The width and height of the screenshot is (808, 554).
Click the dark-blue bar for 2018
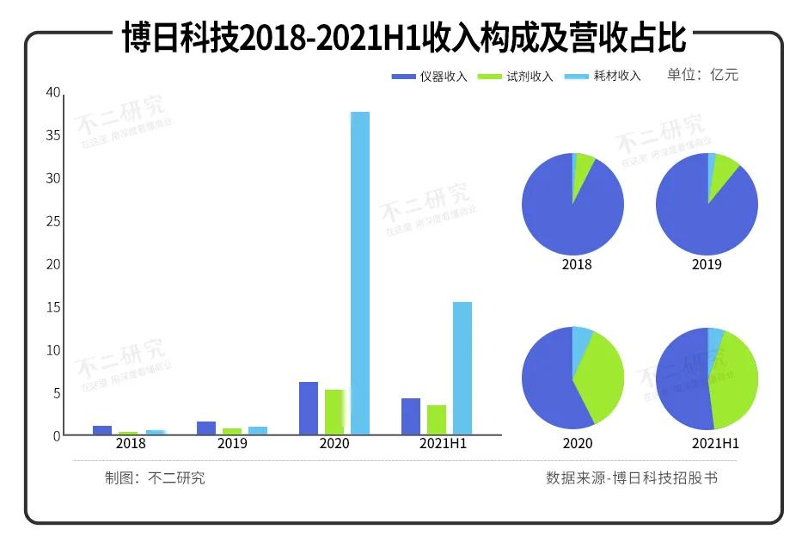[102, 430]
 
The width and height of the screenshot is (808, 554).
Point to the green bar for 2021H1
[437, 419]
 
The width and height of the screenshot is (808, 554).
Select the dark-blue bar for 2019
[206, 428]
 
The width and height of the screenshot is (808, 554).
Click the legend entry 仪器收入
[430, 76]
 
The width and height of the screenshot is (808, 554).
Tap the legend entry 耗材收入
[603, 76]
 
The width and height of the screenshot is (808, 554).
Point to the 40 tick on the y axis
[52, 93]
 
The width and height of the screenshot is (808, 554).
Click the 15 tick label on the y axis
[52, 307]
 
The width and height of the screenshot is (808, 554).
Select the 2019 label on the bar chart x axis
[232, 444]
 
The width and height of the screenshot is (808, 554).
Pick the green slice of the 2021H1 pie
[737, 379]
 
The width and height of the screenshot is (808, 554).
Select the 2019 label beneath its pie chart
[707, 264]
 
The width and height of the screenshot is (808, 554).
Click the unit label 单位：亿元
[702, 75]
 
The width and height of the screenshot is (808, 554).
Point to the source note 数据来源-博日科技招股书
[631, 478]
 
